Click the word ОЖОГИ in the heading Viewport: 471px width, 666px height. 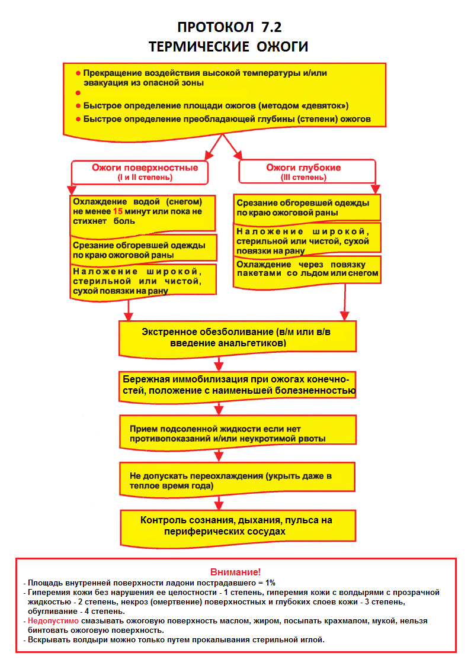280,47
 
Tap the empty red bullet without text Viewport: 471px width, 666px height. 78,93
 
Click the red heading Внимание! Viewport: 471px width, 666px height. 235,572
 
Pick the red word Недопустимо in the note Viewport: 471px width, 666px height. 53,621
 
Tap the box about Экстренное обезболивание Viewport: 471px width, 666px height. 236,337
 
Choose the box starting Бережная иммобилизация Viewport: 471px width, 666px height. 236,385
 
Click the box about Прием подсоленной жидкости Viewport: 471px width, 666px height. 236,433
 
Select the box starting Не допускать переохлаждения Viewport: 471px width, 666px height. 236,480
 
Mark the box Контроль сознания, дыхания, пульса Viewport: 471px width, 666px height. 236,526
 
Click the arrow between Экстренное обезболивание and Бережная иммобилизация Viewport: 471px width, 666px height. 219,362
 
